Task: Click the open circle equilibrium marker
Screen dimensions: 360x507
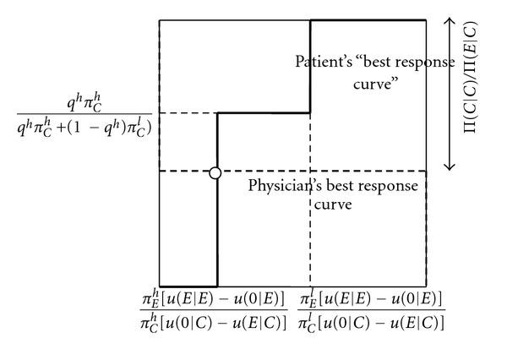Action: (x=215, y=172)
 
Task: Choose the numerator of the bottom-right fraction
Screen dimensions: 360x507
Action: (x=372, y=300)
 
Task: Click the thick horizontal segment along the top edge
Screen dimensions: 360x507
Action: (x=368, y=19)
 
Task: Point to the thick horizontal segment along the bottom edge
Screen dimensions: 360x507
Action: (x=188, y=286)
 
